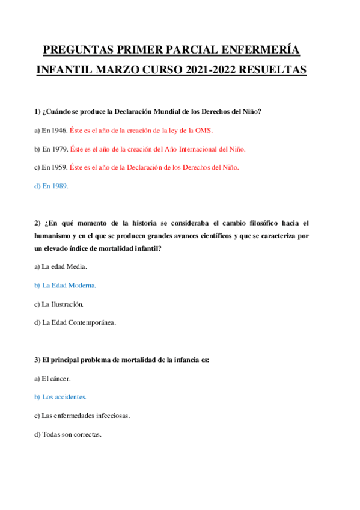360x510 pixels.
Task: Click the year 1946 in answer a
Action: coord(59,130)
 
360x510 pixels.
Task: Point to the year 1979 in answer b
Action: coord(59,149)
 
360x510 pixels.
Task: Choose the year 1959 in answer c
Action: coord(58,167)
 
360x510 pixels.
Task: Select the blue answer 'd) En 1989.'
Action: coord(51,186)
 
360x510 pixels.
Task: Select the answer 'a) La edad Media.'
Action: coord(61,266)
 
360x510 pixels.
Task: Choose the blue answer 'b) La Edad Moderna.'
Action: coord(65,284)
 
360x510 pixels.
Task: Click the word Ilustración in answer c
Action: coord(67,303)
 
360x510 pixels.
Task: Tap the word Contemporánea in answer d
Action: coord(89,322)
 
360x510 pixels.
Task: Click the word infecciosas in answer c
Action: coord(110,416)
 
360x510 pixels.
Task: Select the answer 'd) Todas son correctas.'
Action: coord(68,434)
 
